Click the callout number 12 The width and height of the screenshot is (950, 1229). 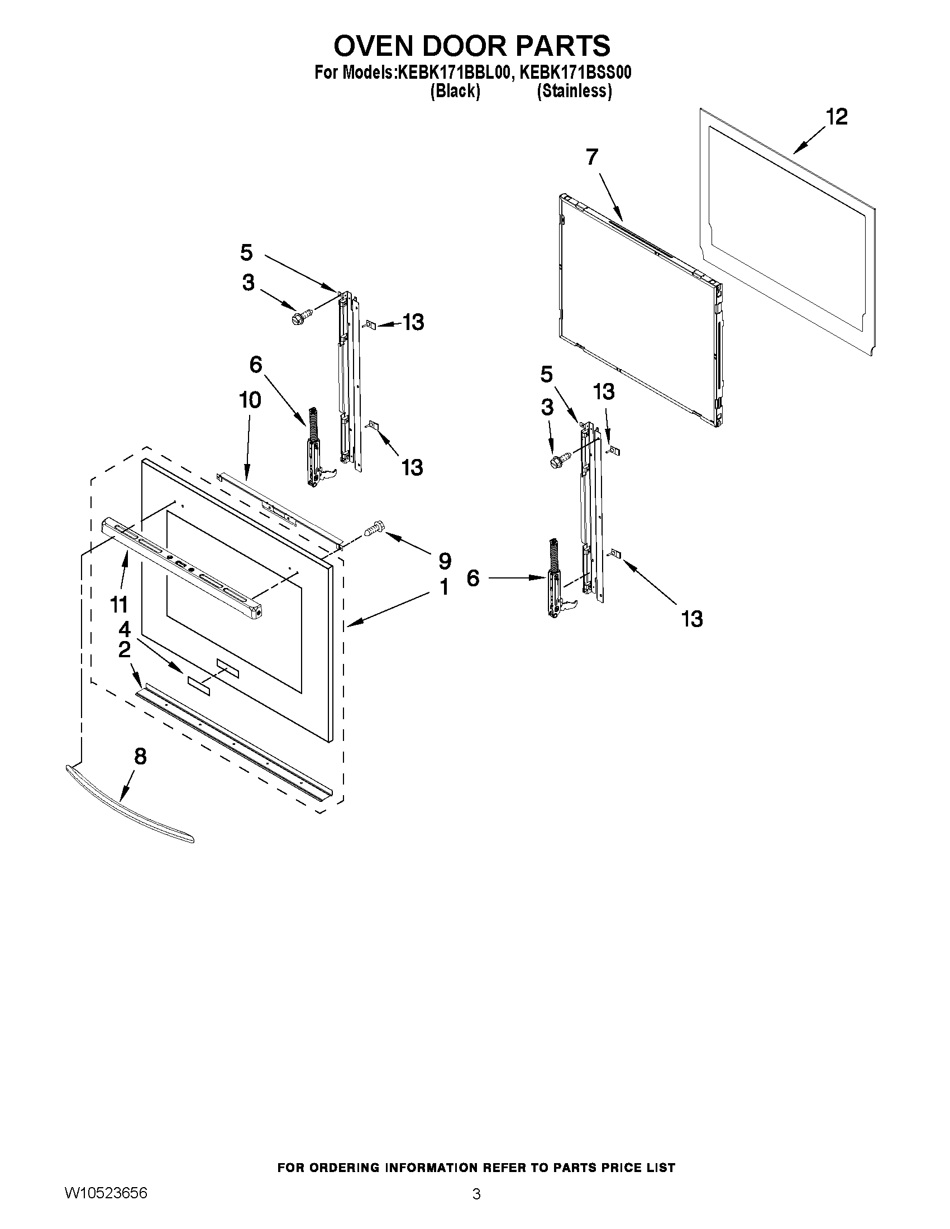[x=836, y=117]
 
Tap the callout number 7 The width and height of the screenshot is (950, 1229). [x=592, y=157]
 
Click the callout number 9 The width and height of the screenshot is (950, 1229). [x=445, y=561]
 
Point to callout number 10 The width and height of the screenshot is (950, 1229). [x=250, y=400]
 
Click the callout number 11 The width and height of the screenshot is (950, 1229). [x=120, y=605]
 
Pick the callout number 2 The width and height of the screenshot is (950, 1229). [x=124, y=649]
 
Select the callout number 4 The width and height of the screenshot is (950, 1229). [x=124, y=629]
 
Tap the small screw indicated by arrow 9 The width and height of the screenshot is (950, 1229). [x=373, y=529]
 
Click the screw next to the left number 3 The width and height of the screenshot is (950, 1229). [x=297, y=318]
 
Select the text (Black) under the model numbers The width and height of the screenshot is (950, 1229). [x=455, y=91]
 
